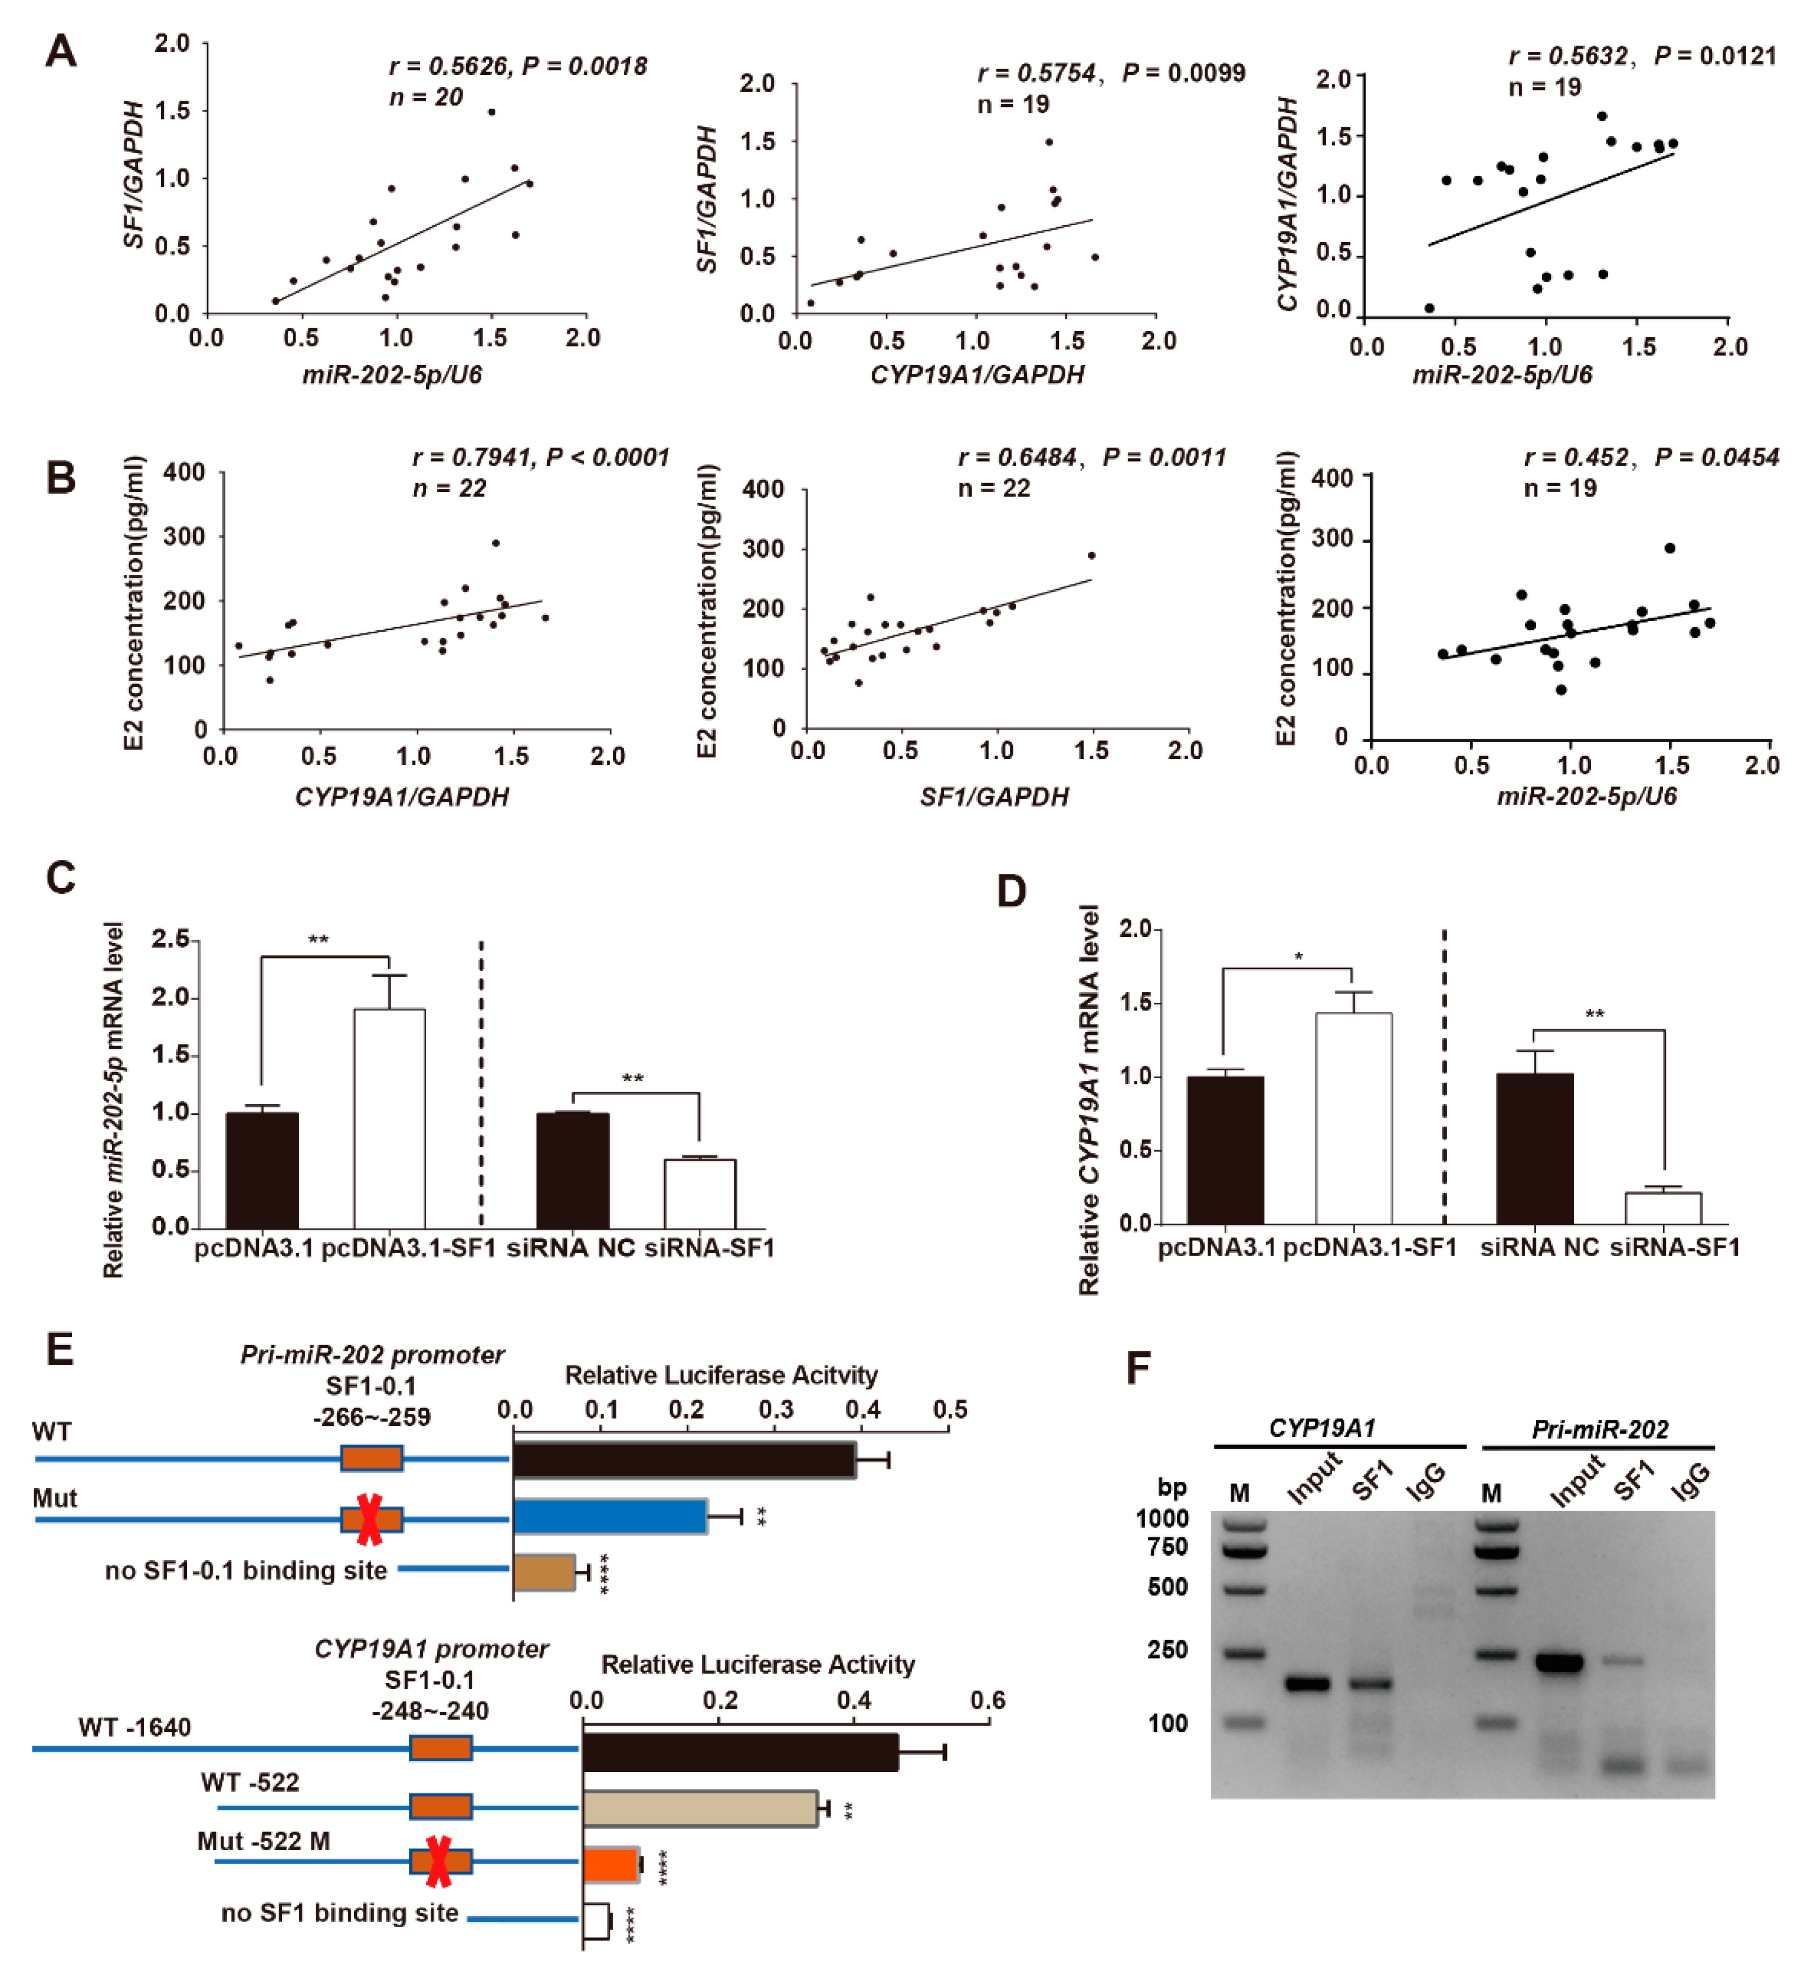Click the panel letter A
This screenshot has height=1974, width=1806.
(x=61, y=51)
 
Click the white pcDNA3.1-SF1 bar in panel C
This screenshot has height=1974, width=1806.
(x=390, y=1118)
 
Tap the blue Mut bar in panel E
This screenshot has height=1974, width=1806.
(x=610, y=1516)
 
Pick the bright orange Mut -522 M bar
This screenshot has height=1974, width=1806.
(x=611, y=1864)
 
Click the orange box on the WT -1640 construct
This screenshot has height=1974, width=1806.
(x=440, y=1748)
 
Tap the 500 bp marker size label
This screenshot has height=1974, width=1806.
(x=1167, y=1587)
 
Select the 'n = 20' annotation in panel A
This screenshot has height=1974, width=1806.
(x=425, y=97)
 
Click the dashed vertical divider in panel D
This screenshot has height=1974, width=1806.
(x=1444, y=1077)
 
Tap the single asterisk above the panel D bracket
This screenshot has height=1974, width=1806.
(x=1298, y=957)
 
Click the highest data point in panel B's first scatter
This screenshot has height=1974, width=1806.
(x=495, y=542)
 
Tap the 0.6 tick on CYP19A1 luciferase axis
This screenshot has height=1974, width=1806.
(x=987, y=1700)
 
